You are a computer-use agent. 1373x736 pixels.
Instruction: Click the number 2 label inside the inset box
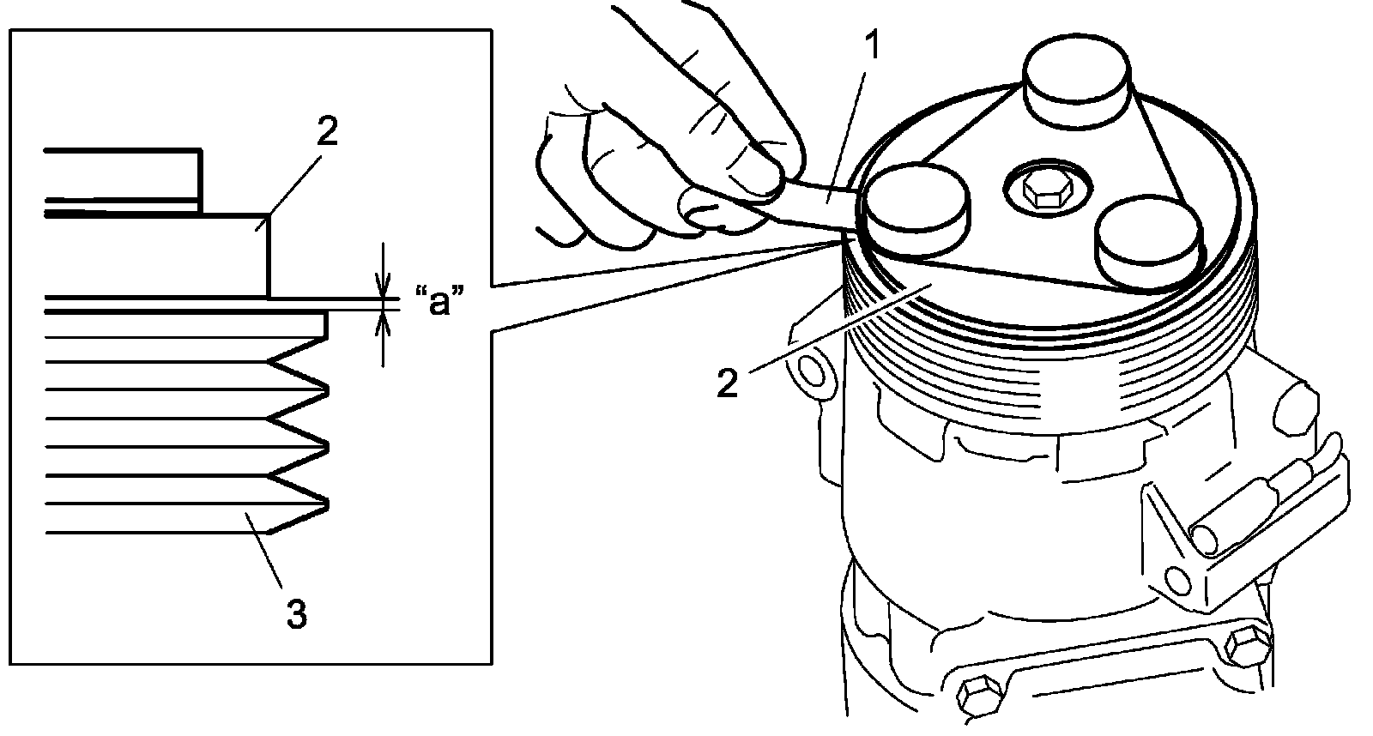(327, 133)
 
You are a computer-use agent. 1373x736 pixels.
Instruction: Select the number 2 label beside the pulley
(727, 383)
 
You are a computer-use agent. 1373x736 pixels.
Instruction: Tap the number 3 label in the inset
(294, 614)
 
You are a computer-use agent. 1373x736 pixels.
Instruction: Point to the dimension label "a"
(439, 303)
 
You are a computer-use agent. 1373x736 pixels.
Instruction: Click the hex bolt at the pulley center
(1043, 190)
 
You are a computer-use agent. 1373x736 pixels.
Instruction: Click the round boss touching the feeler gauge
(916, 210)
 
